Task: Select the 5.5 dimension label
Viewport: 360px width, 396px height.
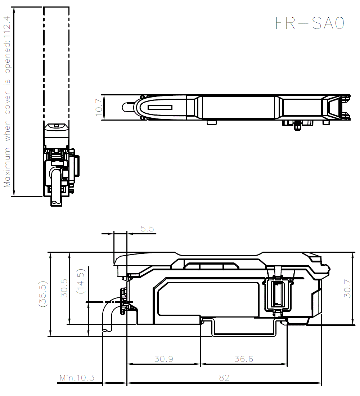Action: pos(147,229)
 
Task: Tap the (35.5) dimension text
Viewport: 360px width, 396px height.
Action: pos(42,293)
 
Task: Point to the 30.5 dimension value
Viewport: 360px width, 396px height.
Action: pos(64,288)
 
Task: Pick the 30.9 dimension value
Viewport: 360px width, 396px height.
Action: pos(164,359)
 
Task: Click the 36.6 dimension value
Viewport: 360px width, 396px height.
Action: pos(244,359)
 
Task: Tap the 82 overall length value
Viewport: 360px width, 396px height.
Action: pos(224,378)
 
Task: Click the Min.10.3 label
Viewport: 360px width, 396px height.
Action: pos(77,378)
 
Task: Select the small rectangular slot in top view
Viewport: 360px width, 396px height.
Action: pos(160,108)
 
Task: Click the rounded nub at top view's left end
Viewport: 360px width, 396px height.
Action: pos(127,107)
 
